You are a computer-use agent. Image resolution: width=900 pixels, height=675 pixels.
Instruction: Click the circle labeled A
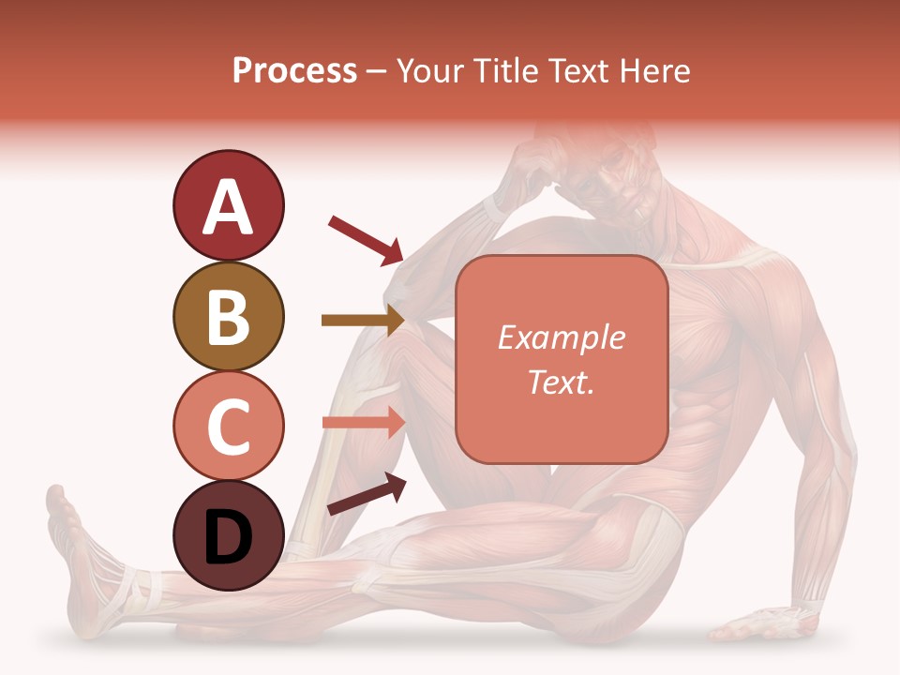pyautogui.click(x=228, y=205)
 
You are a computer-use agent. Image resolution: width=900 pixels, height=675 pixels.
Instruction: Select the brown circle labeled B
pyautogui.click(x=228, y=316)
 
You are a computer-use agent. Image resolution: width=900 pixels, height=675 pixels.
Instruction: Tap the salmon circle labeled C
pyautogui.click(x=228, y=427)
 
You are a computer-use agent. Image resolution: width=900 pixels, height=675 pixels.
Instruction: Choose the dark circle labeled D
pyautogui.click(x=228, y=536)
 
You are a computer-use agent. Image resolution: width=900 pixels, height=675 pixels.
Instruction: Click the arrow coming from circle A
pyautogui.click(x=366, y=238)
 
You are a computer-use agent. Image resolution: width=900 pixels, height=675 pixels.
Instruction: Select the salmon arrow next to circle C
pyautogui.click(x=364, y=422)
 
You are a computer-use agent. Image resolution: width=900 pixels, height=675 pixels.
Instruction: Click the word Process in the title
pyautogui.click(x=294, y=70)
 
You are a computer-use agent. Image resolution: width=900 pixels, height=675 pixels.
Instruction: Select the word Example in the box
pyautogui.click(x=561, y=337)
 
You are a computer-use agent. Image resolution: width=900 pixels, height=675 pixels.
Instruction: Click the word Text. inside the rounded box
pyautogui.click(x=561, y=382)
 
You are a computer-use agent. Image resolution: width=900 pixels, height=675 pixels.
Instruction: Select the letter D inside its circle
pyautogui.click(x=228, y=536)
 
